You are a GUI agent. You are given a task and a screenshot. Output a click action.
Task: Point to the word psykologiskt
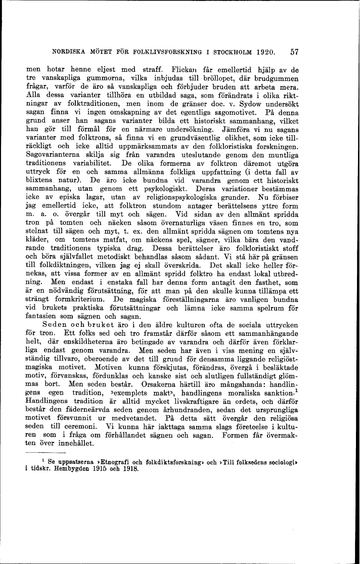point(158,188)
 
